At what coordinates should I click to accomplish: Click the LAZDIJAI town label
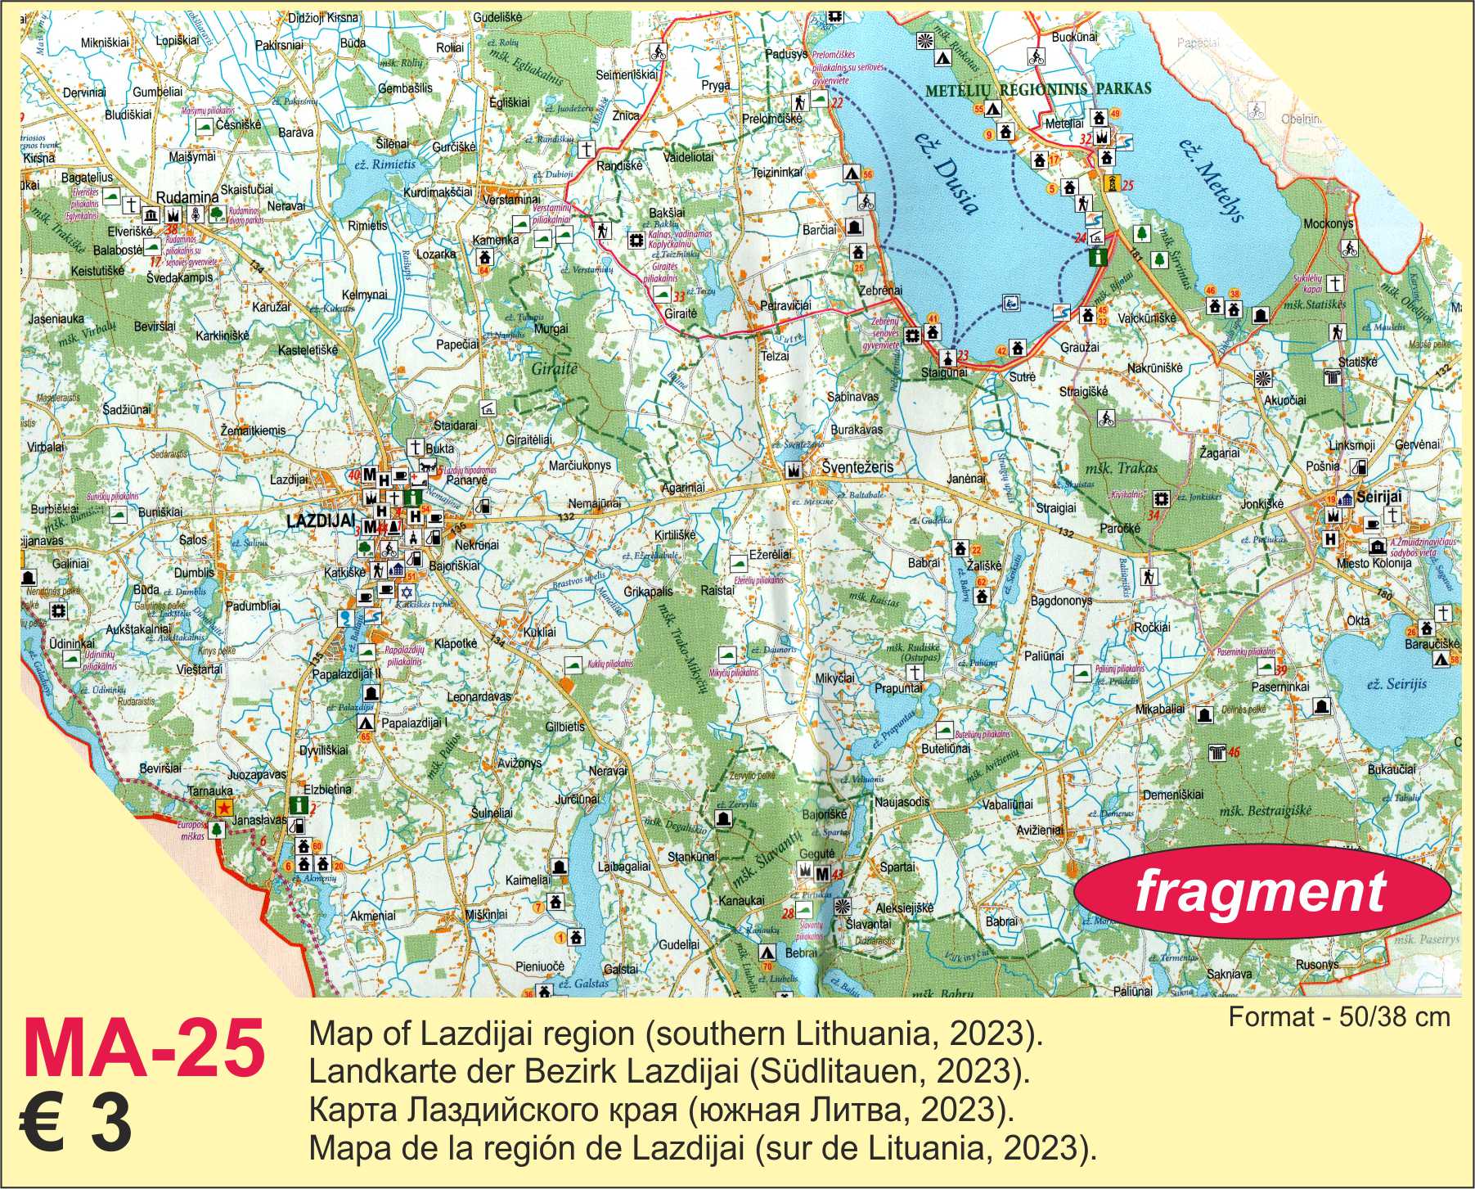(x=320, y=520)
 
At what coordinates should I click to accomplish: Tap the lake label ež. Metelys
(x=1211, y=180)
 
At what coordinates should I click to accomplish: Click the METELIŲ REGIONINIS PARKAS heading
(x=1038, y=88)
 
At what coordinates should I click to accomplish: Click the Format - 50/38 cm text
(x=1339, y=1017)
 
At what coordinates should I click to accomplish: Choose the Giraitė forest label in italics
(x=555, y=369)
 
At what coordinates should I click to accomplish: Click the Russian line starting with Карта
(x=660, y=1110)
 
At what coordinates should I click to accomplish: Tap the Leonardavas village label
(x=479, y=697)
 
